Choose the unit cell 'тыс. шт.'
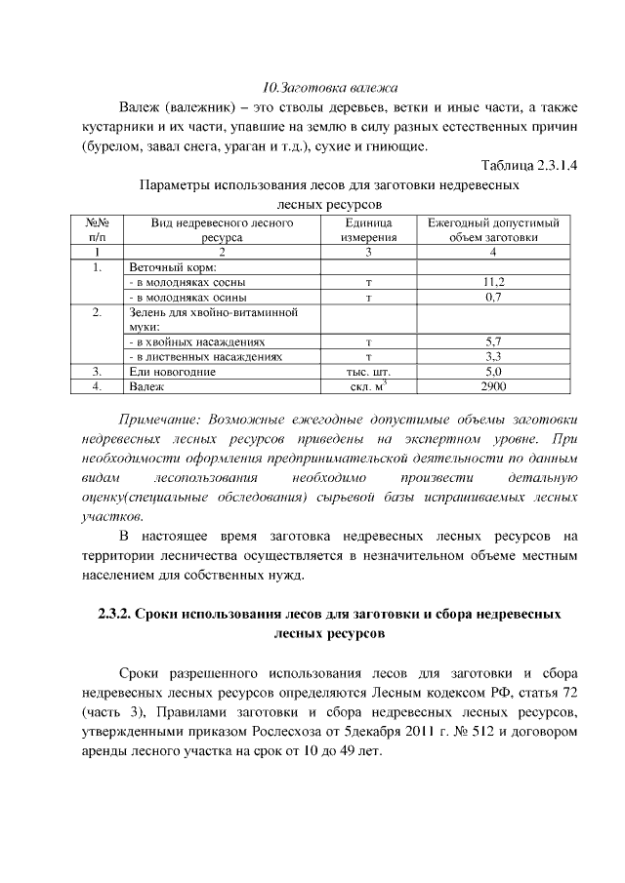pyautogui.click(x=368, y=372)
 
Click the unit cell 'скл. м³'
pyautogui.click(x=369, y=387)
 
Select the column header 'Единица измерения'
pyautogui.click(x=368, y=230)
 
